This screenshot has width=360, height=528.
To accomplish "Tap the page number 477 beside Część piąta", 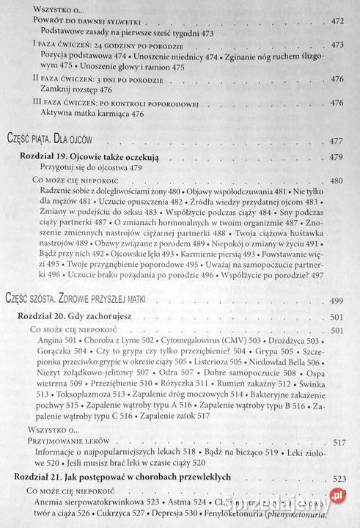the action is tap(338, 141).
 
